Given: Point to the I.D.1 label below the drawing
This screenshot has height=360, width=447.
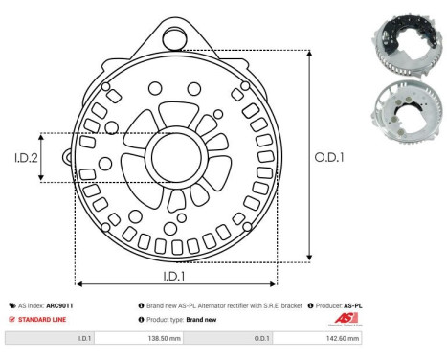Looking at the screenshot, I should tap(175, 275).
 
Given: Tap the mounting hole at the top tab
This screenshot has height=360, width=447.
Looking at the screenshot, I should tap(173, 37).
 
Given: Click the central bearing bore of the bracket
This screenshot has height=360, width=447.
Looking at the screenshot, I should tap(173, 157).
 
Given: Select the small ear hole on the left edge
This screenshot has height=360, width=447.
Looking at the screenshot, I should tap(67, 154).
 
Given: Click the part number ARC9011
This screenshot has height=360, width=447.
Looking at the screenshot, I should tap(59, 305).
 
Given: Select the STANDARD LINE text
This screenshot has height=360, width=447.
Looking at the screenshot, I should tap(42, 319).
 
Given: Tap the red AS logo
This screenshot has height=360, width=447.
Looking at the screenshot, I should tap(343, 319).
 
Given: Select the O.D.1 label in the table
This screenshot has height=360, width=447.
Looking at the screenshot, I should tap(261, 339).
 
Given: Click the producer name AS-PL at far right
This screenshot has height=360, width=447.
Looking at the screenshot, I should tap(353, 305).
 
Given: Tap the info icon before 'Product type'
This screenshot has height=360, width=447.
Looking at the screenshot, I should tap(142, 319).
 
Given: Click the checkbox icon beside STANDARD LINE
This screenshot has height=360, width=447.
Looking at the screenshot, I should tap(10, 319).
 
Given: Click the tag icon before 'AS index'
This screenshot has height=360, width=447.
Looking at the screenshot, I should tap(10, 305).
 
